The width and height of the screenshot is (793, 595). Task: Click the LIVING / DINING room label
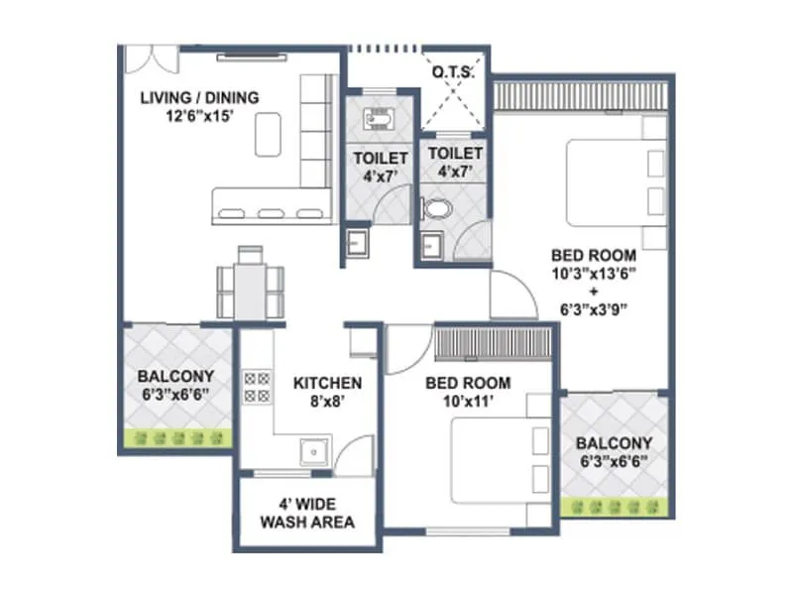coord(199,97)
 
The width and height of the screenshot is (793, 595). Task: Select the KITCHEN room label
coord(327,383)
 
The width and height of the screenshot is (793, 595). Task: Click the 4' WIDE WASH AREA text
coord(307,513)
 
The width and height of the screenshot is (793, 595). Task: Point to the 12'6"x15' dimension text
coord(199,115)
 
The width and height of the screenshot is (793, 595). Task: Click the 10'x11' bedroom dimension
coord(468,401)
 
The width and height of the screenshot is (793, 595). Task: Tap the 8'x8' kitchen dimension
coord(327,402)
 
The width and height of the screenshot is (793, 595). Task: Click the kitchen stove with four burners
coord(257,386)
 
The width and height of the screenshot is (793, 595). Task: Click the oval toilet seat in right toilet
coord(435,209)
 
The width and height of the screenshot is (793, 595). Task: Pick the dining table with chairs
coord(250,282)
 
